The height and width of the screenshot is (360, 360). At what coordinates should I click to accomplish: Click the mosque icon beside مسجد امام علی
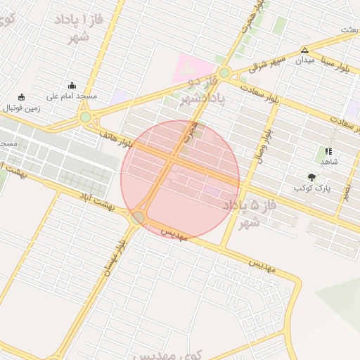72,85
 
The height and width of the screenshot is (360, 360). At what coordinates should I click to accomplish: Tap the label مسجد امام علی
72,96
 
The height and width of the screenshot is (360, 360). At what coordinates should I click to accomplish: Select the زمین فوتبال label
25,108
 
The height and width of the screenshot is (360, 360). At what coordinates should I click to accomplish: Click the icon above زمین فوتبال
22,97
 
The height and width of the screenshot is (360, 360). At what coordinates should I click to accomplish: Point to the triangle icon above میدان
304,50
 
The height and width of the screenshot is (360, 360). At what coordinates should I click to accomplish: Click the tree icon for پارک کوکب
311,177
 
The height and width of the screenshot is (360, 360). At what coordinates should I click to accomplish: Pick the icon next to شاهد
328,151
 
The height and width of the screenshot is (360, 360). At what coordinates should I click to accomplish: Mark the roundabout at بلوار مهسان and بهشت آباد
139,217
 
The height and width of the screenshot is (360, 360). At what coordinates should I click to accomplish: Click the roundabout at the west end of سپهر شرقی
224,73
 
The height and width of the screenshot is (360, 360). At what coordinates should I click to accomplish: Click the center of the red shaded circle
180,179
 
